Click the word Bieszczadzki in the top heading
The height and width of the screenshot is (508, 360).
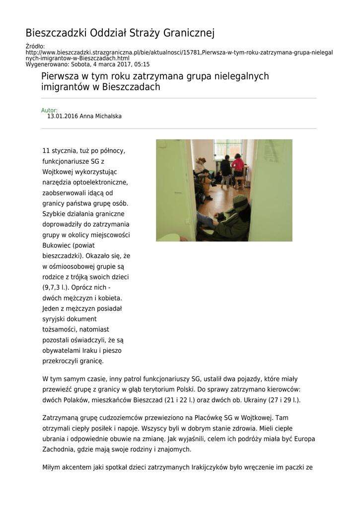(56, 34)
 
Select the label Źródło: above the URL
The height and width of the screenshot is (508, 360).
(35, 46)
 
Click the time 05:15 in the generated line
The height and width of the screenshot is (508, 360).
(142, 64)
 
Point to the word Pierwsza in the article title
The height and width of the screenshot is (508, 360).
(61, 76)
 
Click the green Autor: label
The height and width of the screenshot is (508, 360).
(49, 110)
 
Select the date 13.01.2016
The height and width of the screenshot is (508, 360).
(63, 117)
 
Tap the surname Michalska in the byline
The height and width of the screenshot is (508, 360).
(105, 117)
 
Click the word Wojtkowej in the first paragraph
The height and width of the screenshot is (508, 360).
(57, 172)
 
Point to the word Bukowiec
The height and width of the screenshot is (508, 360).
(57, 246)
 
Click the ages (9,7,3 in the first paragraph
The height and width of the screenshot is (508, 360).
(53, 288)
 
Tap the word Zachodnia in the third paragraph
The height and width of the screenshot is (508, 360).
(59, 449)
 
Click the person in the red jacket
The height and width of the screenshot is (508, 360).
(237, 166)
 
